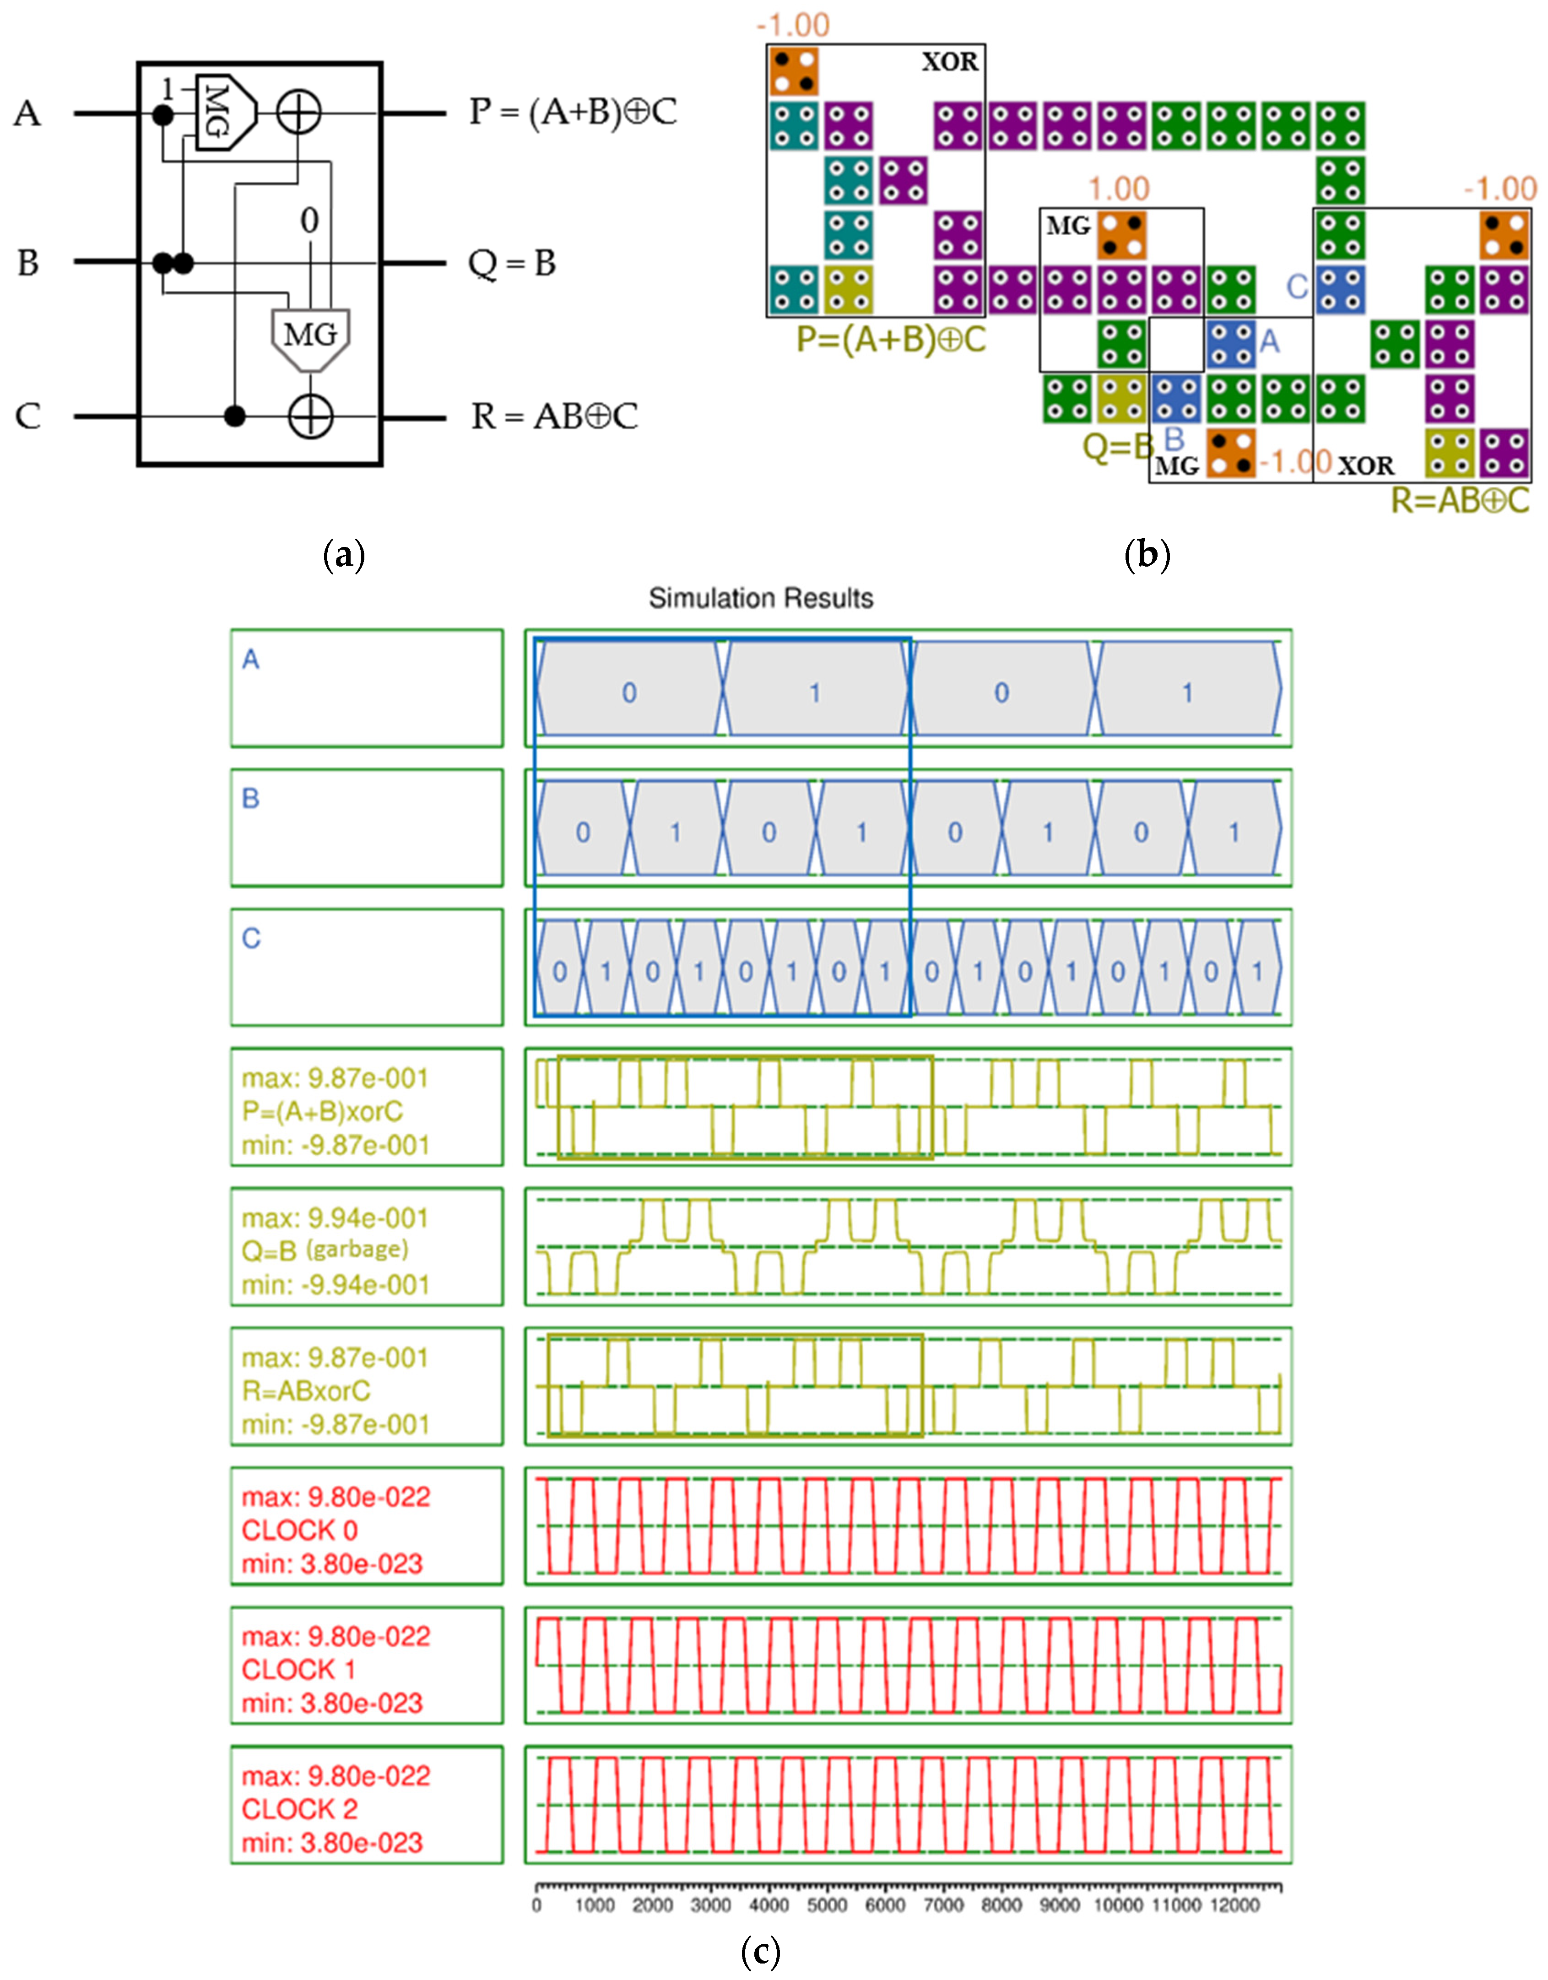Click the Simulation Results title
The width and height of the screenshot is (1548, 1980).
[x=760, y=598]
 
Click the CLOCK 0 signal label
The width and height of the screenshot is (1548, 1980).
[x=299, y=1531]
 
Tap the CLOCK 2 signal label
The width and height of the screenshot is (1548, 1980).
[x=299, y=1810]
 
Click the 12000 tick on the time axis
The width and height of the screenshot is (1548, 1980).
[x=1234, y=1905]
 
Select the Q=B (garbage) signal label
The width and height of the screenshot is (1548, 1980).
[x=325, y=1251]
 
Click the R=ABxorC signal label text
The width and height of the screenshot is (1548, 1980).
[x=306, y=1390]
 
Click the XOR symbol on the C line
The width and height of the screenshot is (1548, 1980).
[x=310, y=417]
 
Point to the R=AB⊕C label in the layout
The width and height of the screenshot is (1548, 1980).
[x=1460, y=499]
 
